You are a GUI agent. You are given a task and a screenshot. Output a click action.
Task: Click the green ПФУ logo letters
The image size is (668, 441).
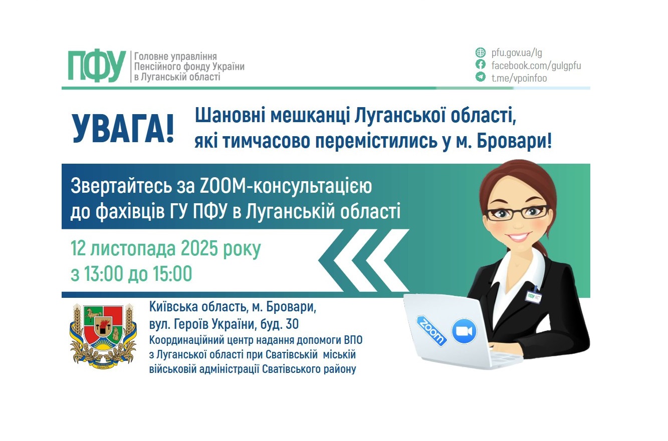[x=97, y=66]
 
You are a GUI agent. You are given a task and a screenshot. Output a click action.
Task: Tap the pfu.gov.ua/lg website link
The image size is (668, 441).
[x=517, y=53]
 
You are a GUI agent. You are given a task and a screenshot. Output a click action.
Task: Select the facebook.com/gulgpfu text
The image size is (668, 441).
[x=536, y=66]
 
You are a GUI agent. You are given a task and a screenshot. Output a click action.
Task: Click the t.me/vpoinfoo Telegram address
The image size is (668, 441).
[x=519, y=78]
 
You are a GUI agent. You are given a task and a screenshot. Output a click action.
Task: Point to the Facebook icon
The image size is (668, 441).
[x=481, y=65]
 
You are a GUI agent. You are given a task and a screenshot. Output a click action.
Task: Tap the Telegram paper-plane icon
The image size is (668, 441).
[x=481, y=78]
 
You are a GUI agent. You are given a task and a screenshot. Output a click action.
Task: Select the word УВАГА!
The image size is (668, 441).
[x=123, y=129]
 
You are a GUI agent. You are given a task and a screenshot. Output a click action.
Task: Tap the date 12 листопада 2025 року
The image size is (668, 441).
[x=166, y=249]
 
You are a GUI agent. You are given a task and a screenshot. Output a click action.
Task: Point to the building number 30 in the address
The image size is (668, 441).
[x=291, y=324]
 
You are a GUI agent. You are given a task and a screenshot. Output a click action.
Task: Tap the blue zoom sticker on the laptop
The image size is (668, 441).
[x=431, y=331]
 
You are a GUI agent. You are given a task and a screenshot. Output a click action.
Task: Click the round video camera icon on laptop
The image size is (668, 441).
[x=464, y=331]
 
